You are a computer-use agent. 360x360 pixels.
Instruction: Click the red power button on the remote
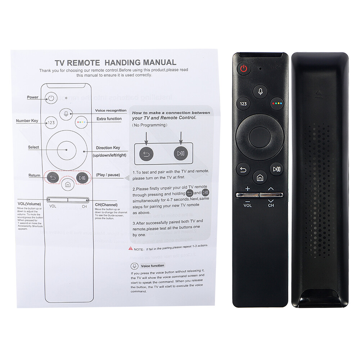[244, 69]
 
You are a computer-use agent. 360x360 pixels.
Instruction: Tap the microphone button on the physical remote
[260, 91]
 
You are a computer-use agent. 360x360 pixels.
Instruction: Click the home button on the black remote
[260, 177]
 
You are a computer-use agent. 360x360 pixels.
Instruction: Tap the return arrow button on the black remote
[243, 169]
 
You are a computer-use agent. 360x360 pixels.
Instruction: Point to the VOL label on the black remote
[248, 206]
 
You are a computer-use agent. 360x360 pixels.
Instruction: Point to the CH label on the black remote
[271, 206]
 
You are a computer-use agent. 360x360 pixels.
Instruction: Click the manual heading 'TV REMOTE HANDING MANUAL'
[115, 62]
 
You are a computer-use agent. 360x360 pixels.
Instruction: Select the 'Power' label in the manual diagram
[32, 97]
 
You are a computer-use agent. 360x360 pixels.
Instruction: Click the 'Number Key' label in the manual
[27, 121]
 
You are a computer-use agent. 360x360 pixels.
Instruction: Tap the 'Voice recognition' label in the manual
[111, 111]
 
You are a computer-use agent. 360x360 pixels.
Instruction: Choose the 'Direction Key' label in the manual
[108, 148]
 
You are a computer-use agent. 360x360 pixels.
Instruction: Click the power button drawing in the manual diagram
[51, 98]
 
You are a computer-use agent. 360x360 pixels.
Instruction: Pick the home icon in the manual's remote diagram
[67, 185]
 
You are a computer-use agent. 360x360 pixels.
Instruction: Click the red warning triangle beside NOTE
[130, 249]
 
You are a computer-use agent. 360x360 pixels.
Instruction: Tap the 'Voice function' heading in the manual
[152, 266]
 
